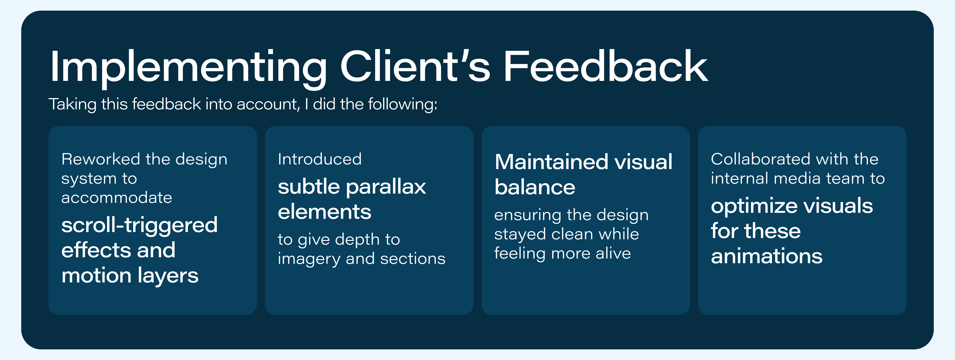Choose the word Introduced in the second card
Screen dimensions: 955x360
(320, 159)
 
